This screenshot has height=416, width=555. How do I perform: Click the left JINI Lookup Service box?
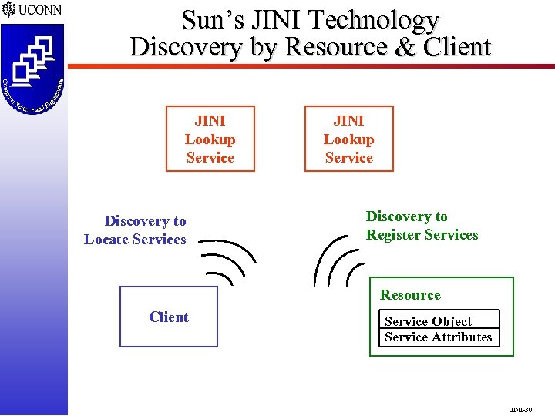(x=210, y=139)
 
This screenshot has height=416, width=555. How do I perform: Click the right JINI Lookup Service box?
(x=348, y=139)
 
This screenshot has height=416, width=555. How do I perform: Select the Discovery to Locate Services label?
(x=136, y=230)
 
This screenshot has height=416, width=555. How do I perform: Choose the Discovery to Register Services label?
(x=421, y=226)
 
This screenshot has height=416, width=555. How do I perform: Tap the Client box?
(x=169, y=317)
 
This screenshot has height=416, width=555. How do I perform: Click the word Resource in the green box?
(x=410, y=295)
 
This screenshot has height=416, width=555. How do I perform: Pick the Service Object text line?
(x=428, y=321)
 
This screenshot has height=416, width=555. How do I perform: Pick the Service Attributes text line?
(x=438, y=337)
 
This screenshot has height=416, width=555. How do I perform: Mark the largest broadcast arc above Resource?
(x=325, y=258)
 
